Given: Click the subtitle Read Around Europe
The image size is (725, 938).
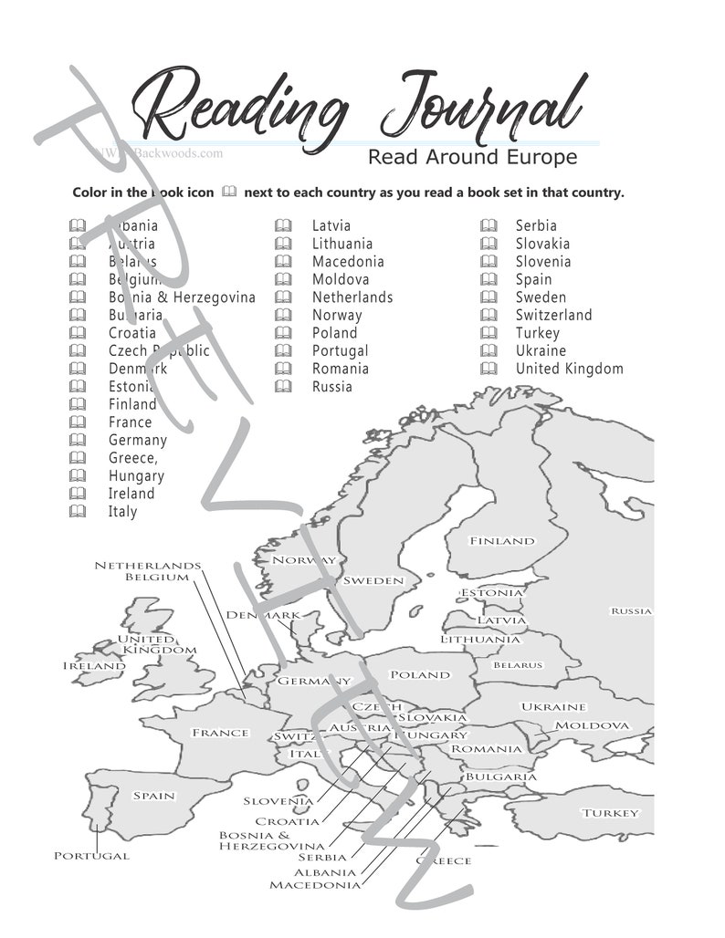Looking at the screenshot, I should coord(472,157).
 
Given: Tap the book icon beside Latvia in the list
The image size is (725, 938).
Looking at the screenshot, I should coord(284,225).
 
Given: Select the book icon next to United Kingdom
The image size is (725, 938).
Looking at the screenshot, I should coord(490,369).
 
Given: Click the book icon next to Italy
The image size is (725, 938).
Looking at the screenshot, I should coord(79,511).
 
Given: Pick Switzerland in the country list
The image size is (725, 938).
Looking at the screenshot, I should coord(553,315).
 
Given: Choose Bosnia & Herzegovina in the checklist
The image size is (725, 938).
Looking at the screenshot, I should coord(182,297).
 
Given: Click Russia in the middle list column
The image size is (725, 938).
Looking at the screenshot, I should coord(331,387).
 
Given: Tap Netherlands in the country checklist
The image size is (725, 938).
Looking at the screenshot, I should coord(352,297).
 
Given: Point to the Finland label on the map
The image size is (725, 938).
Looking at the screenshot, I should coord(501,541).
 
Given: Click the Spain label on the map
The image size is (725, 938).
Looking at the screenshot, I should coord(153,796).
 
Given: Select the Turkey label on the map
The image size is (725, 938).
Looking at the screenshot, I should coord(611,813).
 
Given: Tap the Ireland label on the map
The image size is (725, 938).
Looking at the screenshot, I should coord(93,666).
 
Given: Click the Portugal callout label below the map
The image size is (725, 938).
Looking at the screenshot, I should coord(91,856).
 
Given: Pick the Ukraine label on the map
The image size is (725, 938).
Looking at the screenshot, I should coord(552,707).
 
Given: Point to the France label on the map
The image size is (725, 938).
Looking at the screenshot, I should coord(219,733).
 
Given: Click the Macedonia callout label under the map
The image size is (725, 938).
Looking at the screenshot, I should coord(314,884).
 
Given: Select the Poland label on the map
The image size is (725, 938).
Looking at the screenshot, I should coord(420,675).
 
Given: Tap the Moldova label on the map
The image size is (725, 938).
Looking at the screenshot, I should coord(592,725).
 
